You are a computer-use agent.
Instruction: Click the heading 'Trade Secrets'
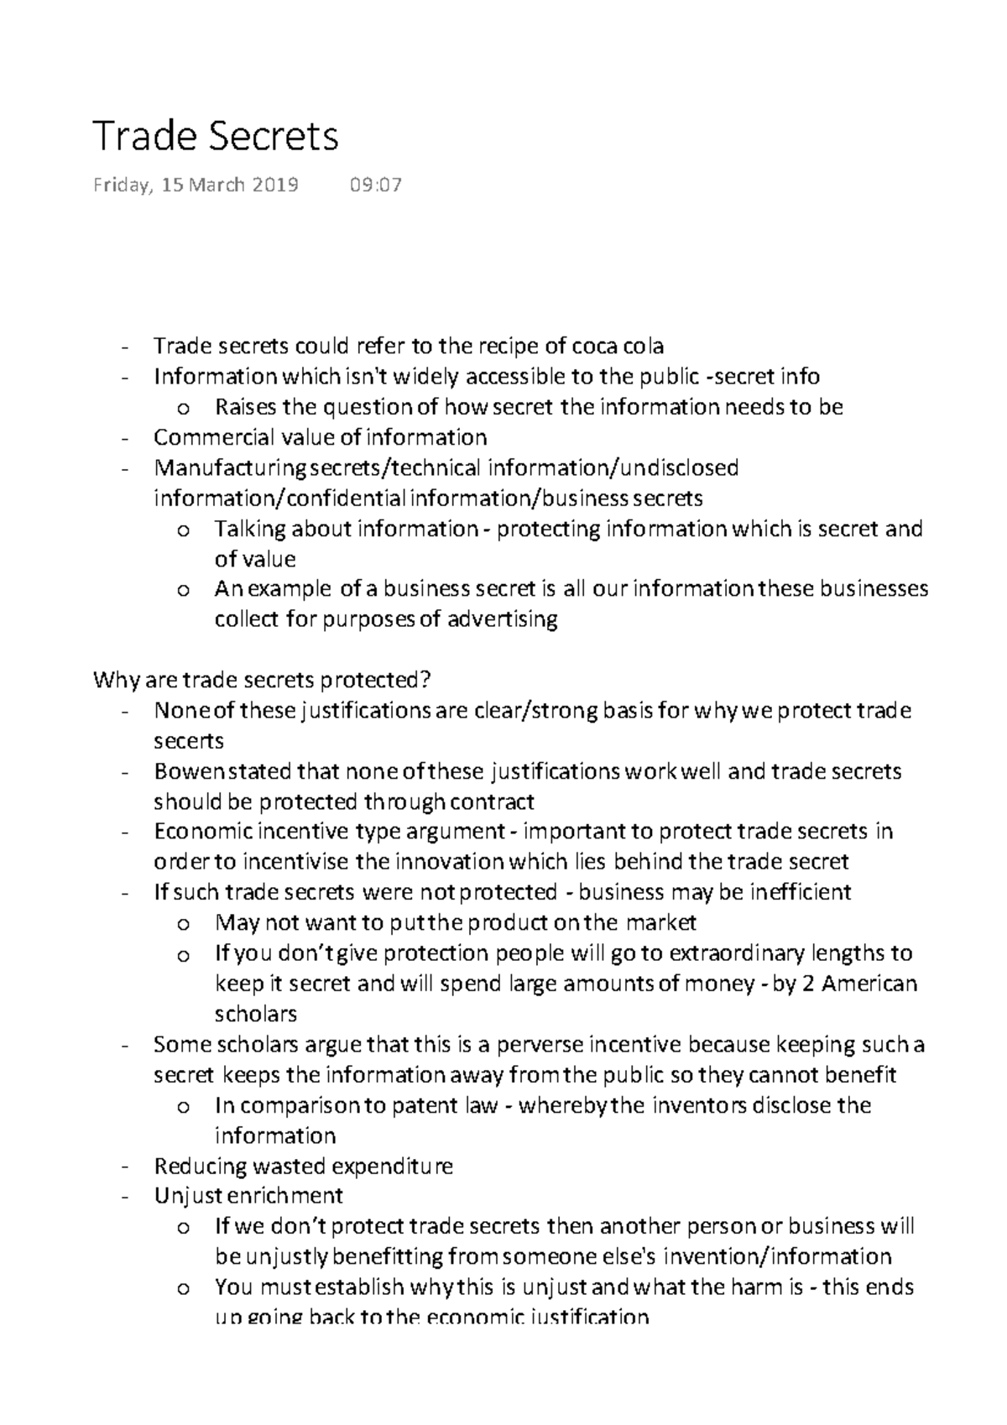(216, 137)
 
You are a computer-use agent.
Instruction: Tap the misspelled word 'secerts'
(189, 741)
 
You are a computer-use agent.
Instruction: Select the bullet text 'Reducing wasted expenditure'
(304, 1167)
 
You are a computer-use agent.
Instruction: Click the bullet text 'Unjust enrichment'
(248, 1196)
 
